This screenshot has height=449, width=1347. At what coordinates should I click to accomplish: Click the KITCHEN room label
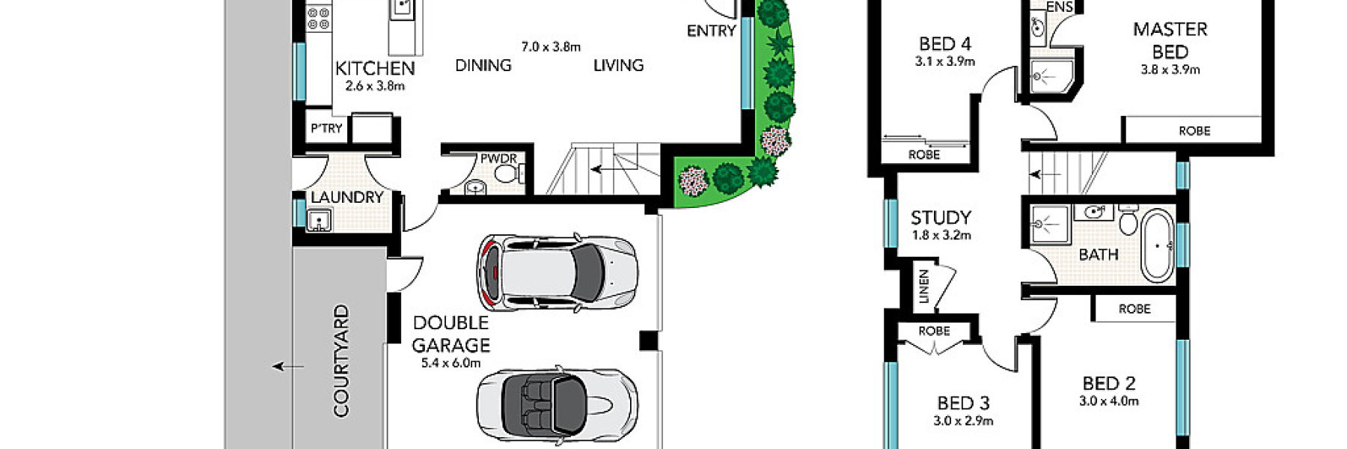tap(374, 68)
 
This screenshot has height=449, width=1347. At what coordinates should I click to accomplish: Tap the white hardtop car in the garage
tap(558, 272)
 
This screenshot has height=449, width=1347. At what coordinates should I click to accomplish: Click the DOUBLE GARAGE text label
tap(450, 334)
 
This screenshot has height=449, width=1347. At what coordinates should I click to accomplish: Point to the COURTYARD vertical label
tap(341, 360)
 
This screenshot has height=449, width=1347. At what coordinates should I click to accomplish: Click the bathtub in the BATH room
tap(1158, 246)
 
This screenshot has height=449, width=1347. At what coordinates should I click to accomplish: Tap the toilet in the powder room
tap(507, 174)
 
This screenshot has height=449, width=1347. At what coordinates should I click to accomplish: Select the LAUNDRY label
tap(346, 197)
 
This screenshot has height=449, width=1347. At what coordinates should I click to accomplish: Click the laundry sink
tap(319, 221)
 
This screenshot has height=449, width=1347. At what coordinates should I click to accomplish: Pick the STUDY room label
tap(941, 218)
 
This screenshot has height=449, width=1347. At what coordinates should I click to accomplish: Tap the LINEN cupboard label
tap(923, 286)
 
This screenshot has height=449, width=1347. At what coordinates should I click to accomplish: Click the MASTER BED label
tap(1170, 40)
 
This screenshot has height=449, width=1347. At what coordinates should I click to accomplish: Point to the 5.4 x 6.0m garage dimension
tap(450, 364)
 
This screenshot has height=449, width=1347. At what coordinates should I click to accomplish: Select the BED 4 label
tap(944, 44)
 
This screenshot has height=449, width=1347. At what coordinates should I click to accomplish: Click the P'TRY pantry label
tap(326, 128)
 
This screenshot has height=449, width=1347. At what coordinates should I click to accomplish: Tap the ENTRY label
tap(711, 31)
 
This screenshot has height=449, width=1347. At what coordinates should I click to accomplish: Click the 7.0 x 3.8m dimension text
tap(551, 46)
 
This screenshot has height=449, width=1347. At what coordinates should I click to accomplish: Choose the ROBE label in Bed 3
tap(934, 330)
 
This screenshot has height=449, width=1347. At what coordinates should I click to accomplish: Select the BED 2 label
tap(1108, 383)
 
